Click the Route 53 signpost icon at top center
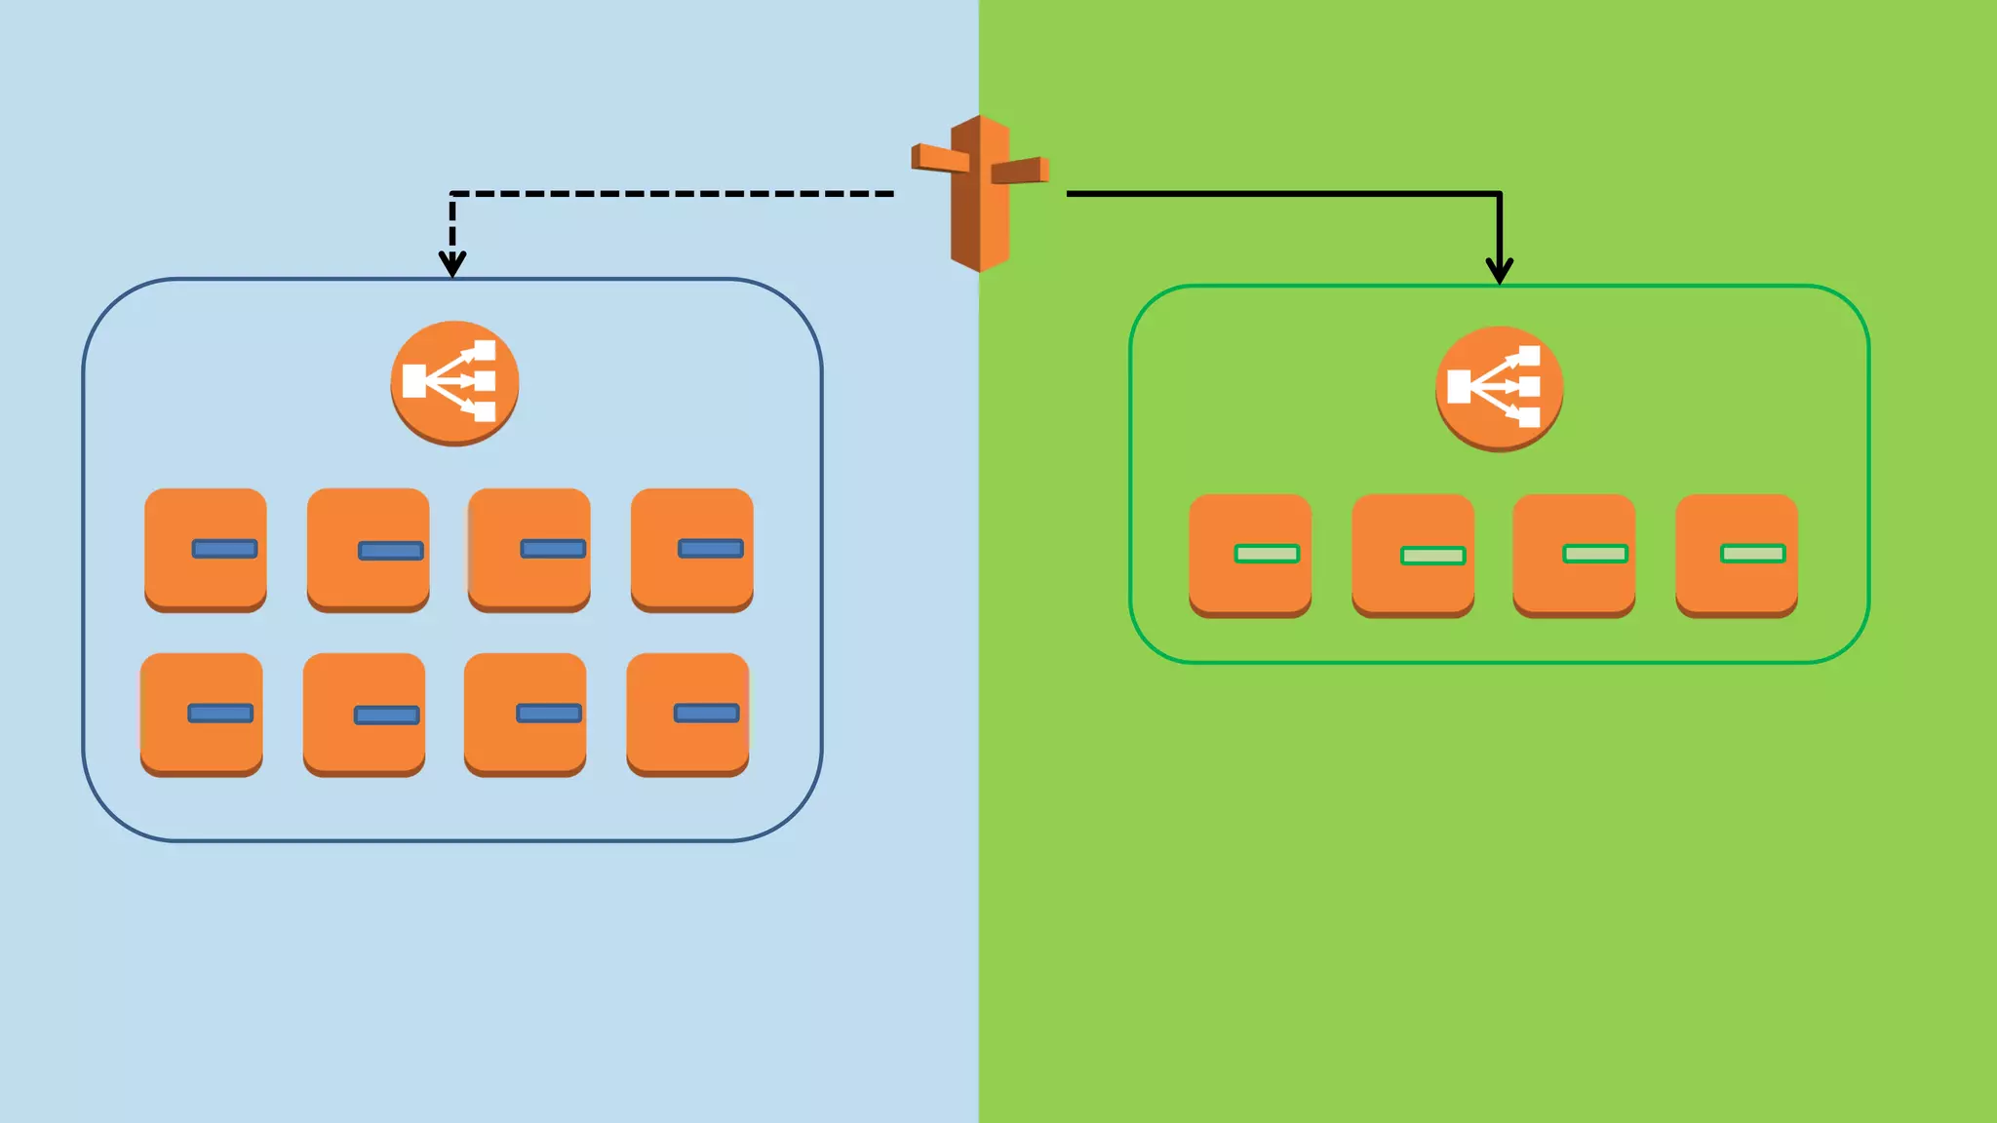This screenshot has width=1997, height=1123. (980, 193)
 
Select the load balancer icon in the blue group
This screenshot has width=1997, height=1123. (454, 382)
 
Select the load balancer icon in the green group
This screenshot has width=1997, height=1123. (1499, 388)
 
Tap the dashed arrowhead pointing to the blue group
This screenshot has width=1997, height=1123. (452, 263)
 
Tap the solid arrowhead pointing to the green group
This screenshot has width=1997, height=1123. (1499, 269)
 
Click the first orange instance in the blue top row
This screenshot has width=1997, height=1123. (205, 550)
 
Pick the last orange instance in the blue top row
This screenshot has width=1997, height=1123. (691, 550)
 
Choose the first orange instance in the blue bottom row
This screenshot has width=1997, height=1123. (201, 714)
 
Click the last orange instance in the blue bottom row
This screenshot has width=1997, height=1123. (687, 714)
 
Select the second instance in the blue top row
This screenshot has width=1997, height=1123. (368, 550)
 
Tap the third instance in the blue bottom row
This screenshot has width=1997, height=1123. (525, 714)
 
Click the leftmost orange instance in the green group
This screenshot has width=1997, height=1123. (1249, 555)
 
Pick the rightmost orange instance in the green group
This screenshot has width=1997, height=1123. (1736, 555)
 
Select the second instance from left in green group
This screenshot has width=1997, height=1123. (1412, 555)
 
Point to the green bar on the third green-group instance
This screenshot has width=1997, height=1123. (1595, 554)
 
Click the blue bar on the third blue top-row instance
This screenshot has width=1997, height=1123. (553, 549)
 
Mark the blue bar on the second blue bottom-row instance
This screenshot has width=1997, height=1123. (386, 716)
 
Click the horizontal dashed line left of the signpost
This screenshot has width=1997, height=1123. (673, 194)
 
